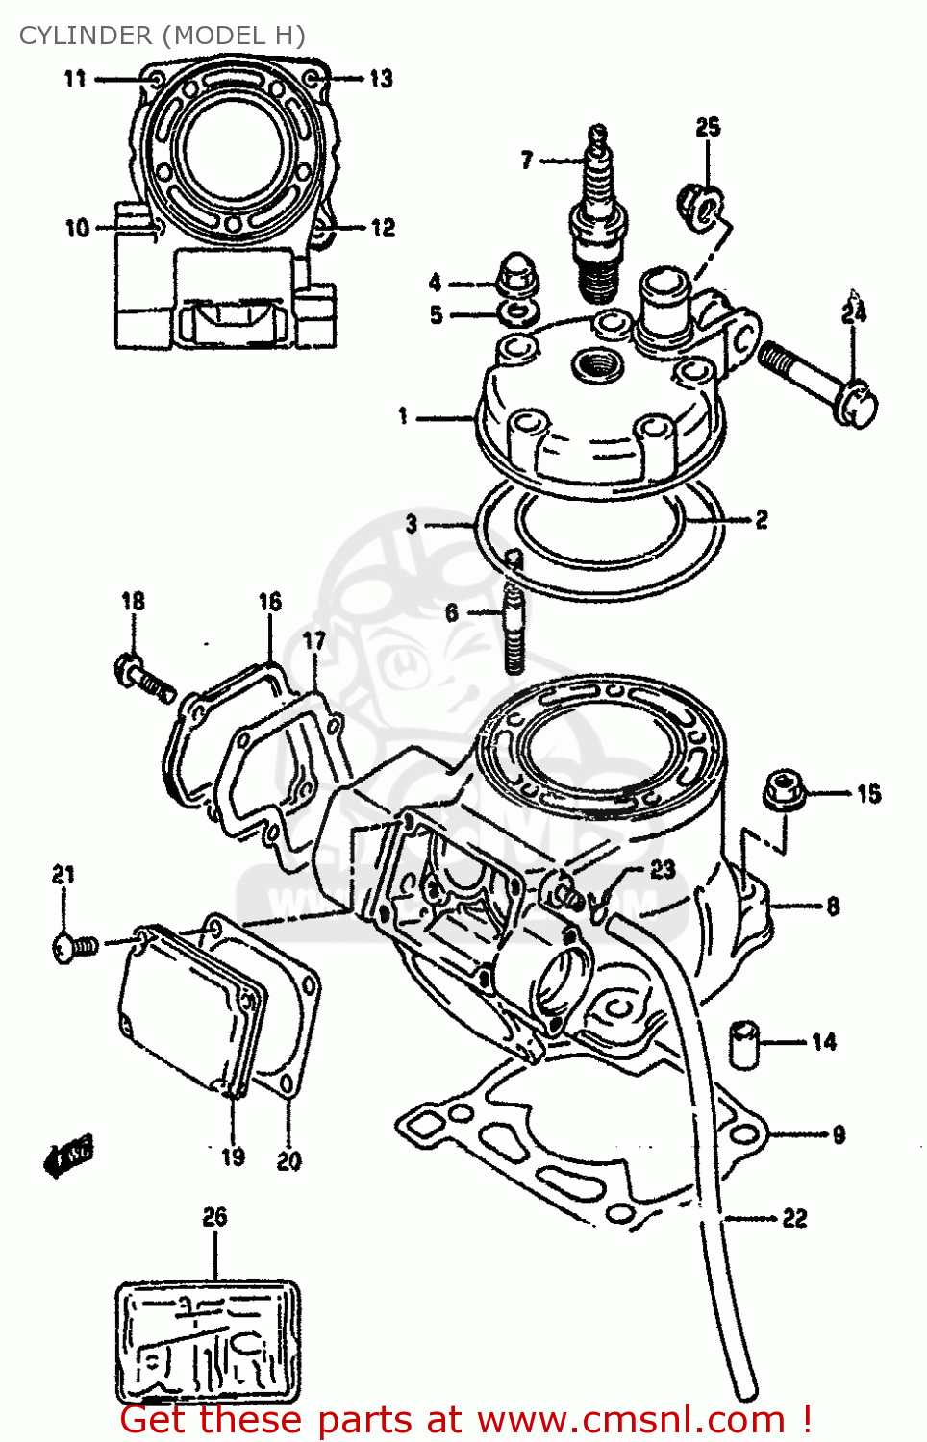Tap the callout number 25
click(x=708, y=128)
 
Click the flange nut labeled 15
click(x=785, y=790)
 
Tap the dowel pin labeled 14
click(x=743, y=1042)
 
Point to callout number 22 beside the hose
click(x=794, y=1219)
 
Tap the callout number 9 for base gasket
click(x=839, y=1134)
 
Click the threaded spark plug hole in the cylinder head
click(x=597, y=365)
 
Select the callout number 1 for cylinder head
click(x=404, y=416)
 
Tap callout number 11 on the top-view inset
click(x=75, y=79)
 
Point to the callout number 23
click(x=663, y=869)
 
